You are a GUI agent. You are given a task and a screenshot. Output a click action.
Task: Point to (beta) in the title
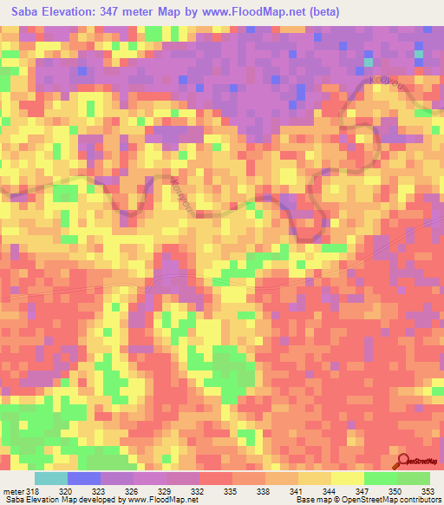[x=323, y=11]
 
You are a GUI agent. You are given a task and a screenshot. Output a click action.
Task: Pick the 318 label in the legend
[x=33, y=491]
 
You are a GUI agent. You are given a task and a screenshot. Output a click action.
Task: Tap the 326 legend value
[x=132, y=491]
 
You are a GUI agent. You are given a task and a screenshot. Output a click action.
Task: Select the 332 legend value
[x=198, y=491]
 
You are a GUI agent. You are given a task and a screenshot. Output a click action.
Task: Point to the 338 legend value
[x=264, y=491]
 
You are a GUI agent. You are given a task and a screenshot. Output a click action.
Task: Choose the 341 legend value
[x=297, y=491]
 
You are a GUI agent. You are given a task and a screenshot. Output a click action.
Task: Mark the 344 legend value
[x=330, y=491]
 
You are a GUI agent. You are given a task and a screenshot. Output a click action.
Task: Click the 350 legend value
[x=395, y=491]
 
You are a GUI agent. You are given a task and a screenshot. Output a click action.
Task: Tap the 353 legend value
[x=428, y=491]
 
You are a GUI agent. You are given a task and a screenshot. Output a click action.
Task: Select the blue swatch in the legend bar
[x=84, y=478]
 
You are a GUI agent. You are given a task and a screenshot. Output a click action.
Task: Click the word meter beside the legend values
[x=12, y=491]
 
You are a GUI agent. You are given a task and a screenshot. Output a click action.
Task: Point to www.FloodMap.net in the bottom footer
[x=164, y=501]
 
